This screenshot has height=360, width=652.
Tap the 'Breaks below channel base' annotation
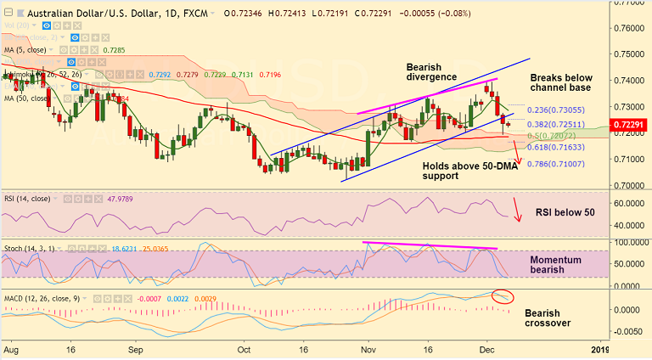[x=561, y=82]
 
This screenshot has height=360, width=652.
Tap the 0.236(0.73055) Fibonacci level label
[x=556, y=110]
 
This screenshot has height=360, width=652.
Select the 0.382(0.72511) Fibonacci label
[x=555, y=124]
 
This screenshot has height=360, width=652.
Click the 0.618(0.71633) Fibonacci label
[x=555, y=148]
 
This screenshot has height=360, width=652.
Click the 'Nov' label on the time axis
[x=368, y=348]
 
